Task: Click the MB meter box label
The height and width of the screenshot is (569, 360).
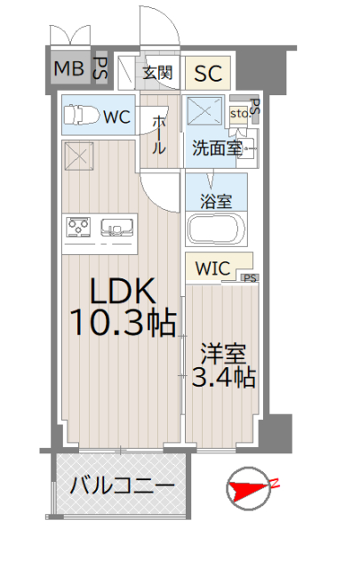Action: (69, 68)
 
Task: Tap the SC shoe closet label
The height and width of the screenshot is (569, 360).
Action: (208, 73)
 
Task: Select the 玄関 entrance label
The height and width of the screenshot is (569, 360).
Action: (157, 73)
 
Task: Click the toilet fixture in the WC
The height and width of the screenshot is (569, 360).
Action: (82, 115)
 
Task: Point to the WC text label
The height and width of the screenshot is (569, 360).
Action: (116, 116)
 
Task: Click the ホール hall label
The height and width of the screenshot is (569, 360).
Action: (158, 135)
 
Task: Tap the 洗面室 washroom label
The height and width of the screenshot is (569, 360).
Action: (217, 148)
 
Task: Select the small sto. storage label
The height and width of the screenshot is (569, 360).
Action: (239, 114)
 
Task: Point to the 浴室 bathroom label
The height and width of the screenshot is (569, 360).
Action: (216, 202)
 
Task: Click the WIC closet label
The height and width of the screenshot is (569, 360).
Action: (212, 268)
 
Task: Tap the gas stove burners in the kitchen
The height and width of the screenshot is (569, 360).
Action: (77, 228)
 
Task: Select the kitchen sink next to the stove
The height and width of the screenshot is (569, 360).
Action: (116, 228)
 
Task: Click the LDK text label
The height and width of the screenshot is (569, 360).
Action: (123, 291)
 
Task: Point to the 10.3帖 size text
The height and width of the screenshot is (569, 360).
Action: (124, 323)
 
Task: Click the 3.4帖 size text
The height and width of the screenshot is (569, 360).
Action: (224, 377)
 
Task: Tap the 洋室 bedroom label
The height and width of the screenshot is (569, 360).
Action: (223, 354)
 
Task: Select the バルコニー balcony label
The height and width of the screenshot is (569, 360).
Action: (123, 485)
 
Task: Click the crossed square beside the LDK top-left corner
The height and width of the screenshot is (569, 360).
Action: (79, 156)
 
